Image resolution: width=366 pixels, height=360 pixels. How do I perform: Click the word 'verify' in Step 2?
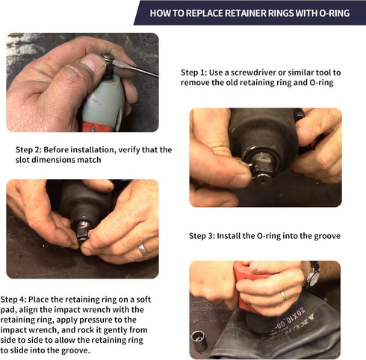(x=136, y=149)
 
